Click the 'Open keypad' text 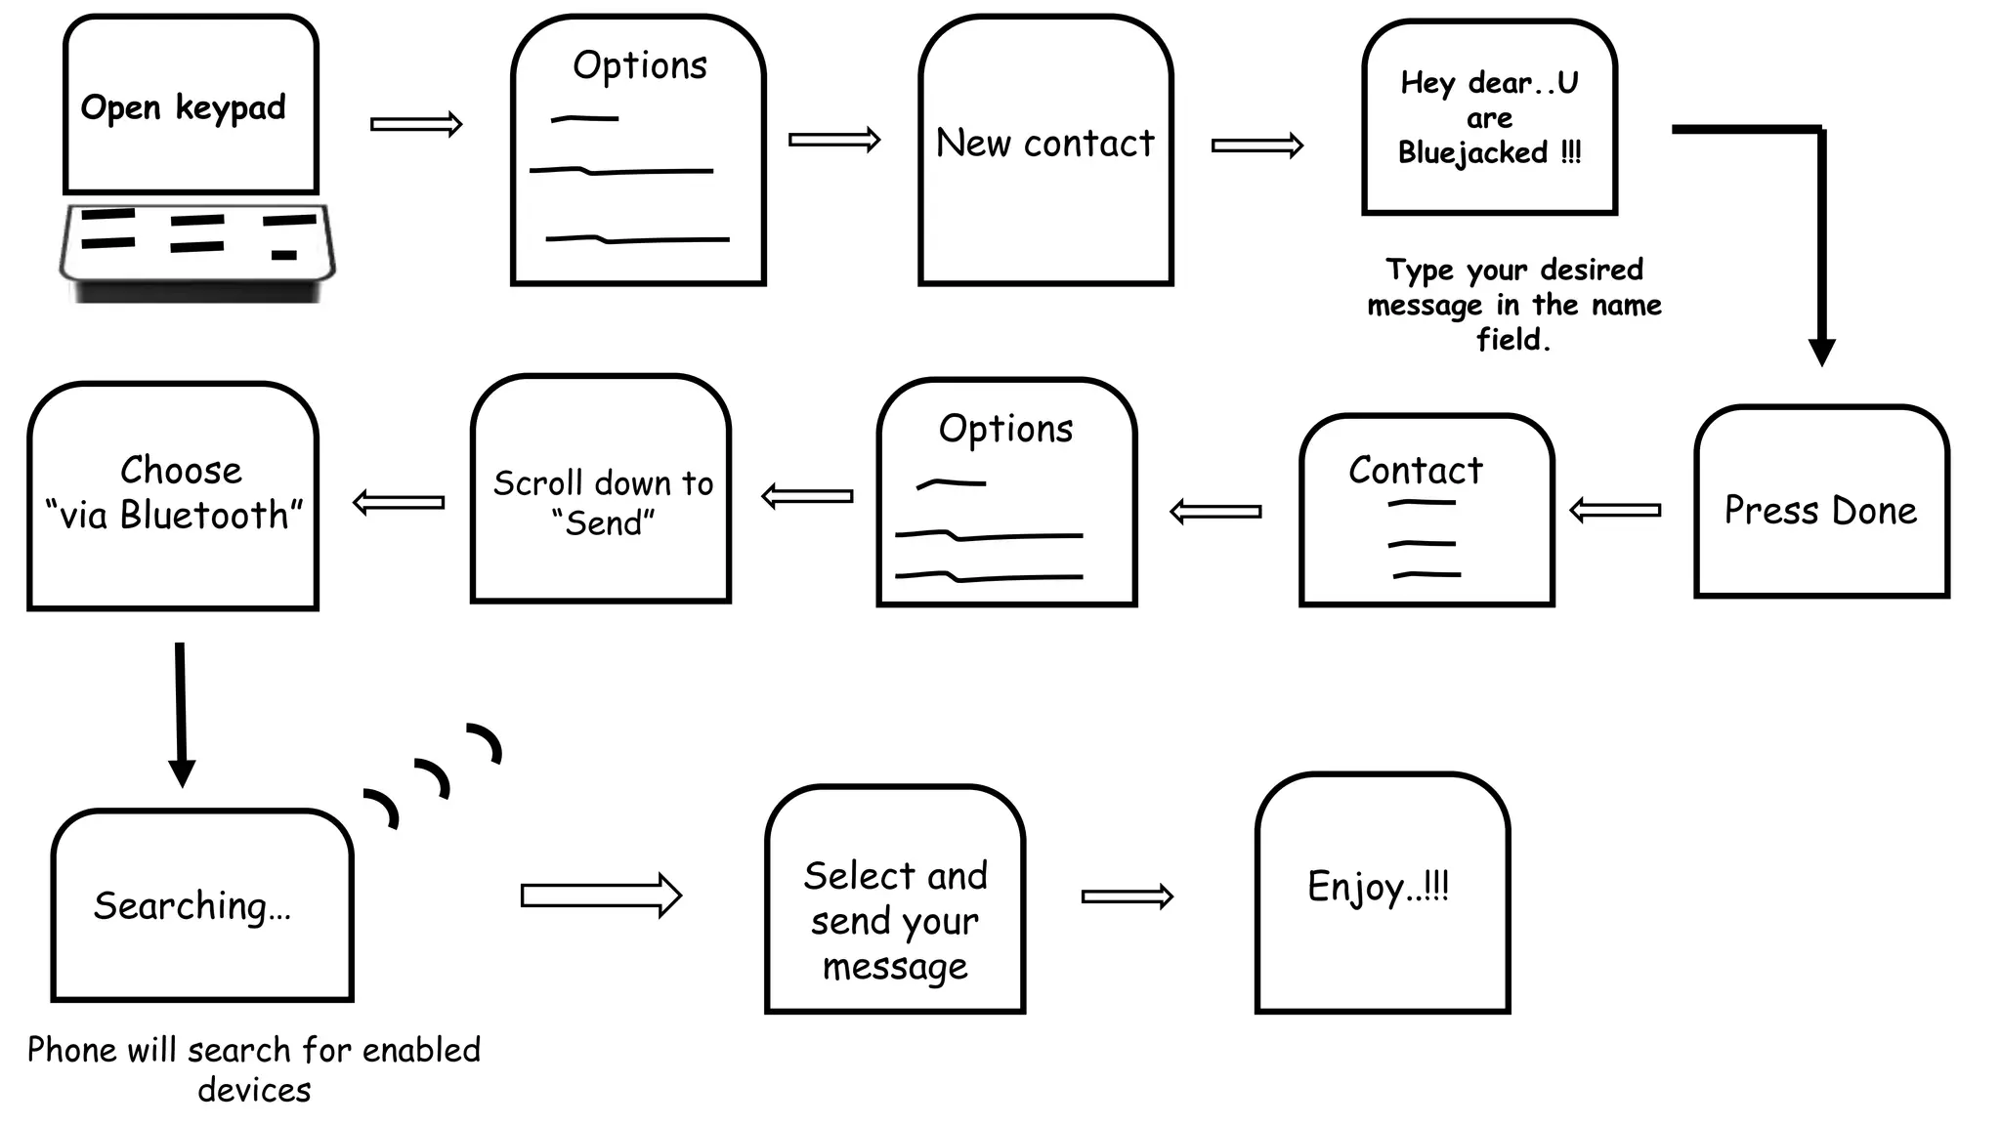[183, 107]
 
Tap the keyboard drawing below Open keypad [197, 249]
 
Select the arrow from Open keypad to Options [416, 124]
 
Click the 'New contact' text [1044, 144]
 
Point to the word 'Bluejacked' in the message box [1472, 153]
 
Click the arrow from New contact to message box [1257, 146]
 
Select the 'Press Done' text [1820, 511]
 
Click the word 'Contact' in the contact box [1415, 471]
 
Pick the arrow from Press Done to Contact [1615, 510]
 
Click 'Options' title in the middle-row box [1005, 429]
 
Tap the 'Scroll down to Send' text [603, 503]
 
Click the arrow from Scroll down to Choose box [399, 502]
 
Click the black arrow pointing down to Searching [181, 713]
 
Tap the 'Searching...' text [192, 906]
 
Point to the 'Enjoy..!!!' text [1378, 887]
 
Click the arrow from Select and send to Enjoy [1127, 896]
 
